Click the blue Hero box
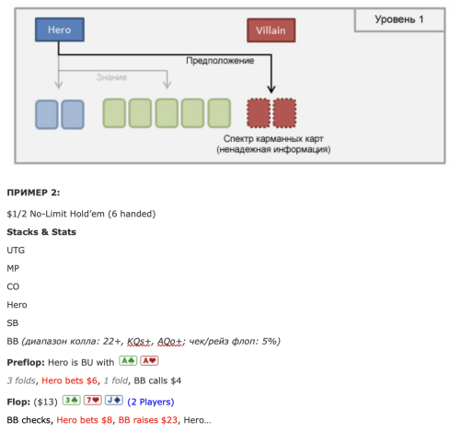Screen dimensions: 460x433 60,29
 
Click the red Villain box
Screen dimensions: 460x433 271,30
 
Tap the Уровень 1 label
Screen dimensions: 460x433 399,19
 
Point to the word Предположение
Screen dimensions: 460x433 220,61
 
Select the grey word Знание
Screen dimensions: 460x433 111,77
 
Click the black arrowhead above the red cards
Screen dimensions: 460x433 271,89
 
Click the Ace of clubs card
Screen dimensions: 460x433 128,361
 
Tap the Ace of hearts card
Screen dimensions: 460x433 149,361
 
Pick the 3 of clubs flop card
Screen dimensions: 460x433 72,400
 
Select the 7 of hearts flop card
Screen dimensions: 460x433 93,400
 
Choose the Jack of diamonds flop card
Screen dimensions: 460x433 114,400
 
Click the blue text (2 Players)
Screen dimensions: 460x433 151,402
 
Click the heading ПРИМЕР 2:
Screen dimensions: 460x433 33,193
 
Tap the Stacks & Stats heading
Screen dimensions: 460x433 41,232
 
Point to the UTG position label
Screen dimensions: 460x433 16,251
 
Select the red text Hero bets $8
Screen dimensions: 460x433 85,420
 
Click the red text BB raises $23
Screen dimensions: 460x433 148,420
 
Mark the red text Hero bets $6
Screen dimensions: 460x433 69,380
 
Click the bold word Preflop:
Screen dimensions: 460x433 26,362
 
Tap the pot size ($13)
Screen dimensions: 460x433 45,402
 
